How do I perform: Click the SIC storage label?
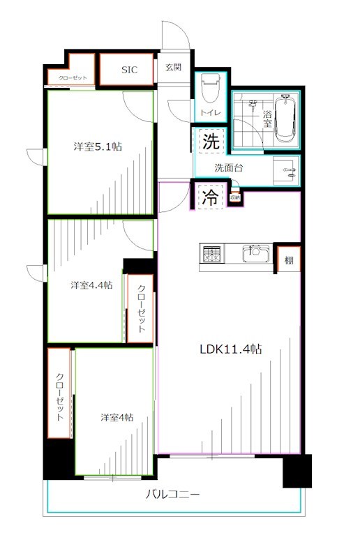click(130, 70)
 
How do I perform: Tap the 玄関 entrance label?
click(173, 68)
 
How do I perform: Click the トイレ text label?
click(210, 113)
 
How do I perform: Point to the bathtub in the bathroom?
click(286, 119)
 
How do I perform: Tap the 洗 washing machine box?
click(210, 142)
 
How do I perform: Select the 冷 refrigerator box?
click(209, 197)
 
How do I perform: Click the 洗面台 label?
click(228, 167)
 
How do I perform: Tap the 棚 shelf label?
click(289, 261)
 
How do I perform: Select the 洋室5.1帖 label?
click(99, 146)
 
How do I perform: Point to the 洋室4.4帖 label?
click(91, 285)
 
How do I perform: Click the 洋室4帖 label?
click(116, 417)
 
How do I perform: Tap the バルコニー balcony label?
click(173, 495)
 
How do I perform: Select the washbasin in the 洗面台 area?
click(286, 169)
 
